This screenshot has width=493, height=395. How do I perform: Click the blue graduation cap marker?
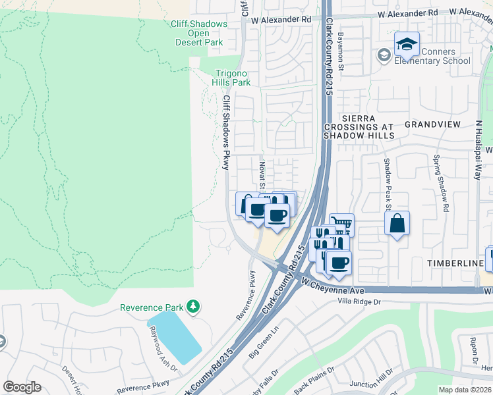pos(407,44)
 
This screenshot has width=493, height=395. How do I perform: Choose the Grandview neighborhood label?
pos(432,124)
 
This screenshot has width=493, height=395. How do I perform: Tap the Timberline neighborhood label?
pos(455,263)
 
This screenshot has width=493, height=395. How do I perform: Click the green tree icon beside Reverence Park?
pos(193,306)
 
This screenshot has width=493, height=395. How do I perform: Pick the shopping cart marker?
pos(341,225)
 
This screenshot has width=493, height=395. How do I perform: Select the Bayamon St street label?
pos(341,51)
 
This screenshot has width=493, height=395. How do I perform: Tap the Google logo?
pos(22,387)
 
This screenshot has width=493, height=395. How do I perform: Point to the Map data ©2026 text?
pos(465,390)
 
